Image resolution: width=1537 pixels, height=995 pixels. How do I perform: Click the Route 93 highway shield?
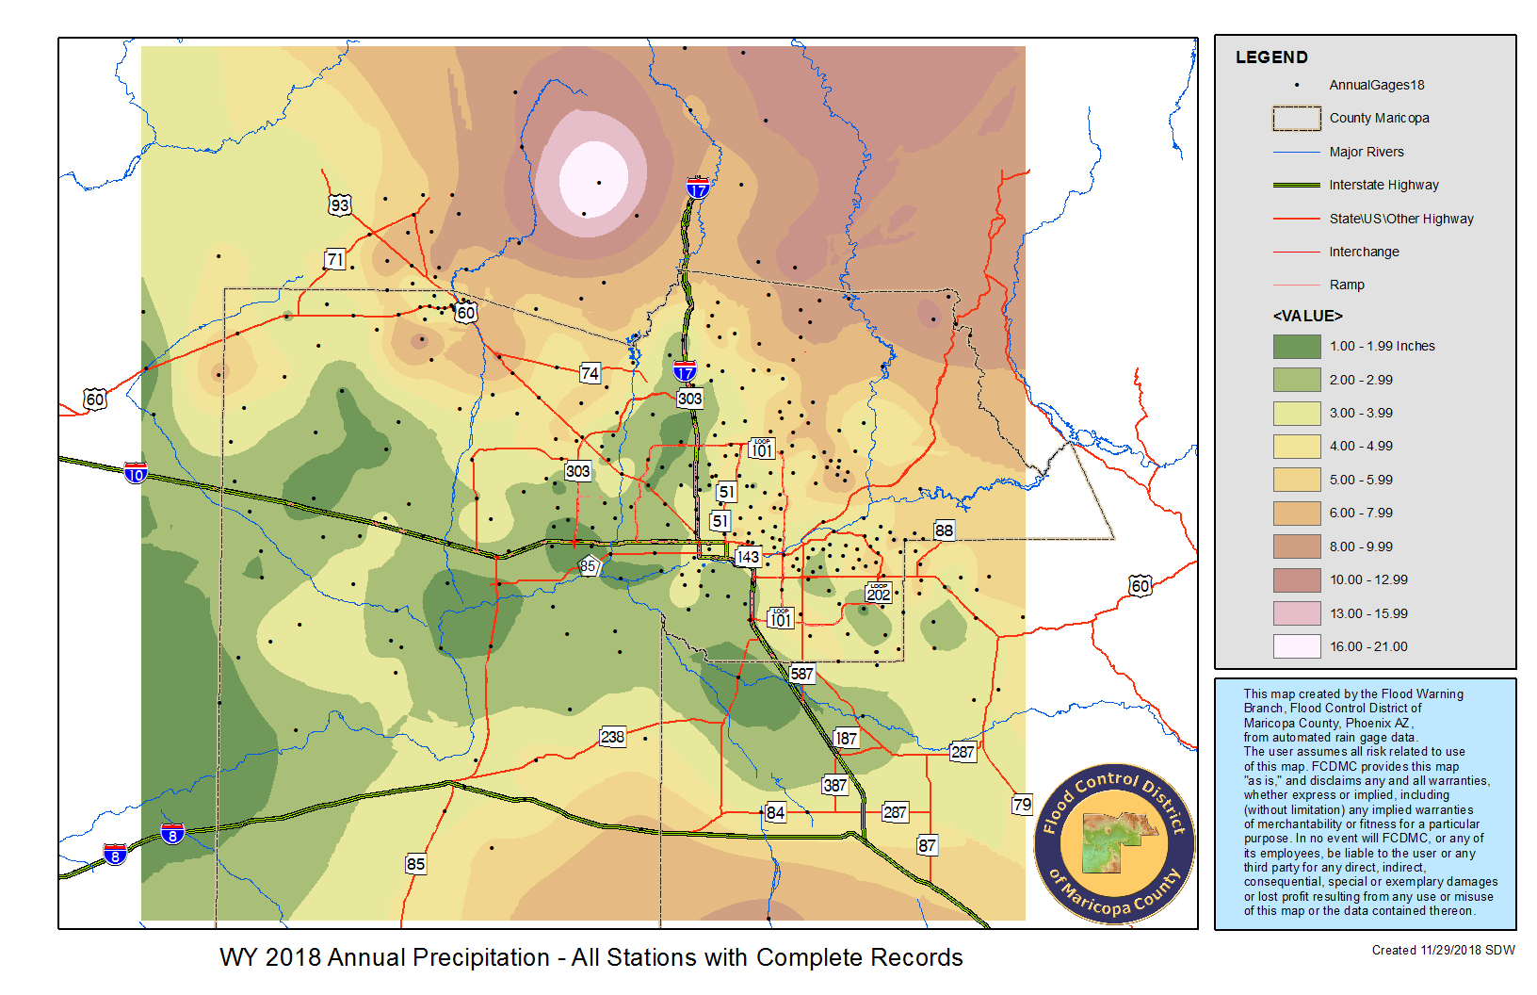339,205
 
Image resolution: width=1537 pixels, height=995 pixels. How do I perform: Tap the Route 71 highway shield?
334,259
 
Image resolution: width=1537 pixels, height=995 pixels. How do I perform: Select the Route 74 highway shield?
590,373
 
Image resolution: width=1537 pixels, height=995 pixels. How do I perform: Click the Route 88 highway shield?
944,530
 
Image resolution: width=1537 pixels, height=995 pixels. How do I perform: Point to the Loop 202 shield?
878,593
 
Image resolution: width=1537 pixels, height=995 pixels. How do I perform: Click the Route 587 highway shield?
801,674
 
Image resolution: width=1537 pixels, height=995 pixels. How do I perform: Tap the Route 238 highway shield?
612,737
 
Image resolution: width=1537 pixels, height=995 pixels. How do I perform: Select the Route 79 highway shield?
1022,805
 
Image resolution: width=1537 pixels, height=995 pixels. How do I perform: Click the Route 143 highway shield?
748,557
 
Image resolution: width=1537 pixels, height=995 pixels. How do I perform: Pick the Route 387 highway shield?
834,785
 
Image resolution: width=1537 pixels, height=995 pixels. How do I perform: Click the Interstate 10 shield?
136,473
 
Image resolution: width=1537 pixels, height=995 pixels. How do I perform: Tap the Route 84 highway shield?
775,812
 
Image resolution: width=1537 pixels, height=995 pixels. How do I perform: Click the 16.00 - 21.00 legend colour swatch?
1297,646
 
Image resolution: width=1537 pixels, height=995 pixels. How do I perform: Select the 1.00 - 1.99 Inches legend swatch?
1297,346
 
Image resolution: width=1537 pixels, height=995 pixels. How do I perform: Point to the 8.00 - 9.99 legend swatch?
1297,546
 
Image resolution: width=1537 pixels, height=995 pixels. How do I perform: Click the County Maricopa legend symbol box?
1297,118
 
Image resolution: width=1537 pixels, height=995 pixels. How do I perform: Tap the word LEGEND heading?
1271,57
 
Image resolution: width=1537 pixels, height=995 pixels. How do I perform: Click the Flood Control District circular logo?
1114,844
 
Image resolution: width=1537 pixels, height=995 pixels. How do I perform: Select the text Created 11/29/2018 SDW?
1443,950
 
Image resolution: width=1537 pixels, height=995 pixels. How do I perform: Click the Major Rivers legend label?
1366,152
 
